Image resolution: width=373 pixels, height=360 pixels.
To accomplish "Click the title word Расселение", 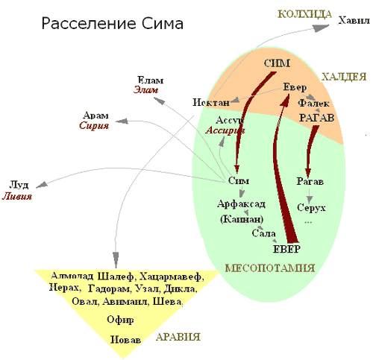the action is (89, 24).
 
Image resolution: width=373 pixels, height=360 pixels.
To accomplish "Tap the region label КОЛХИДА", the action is (304, 14).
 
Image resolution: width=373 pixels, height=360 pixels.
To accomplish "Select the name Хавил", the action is (354, 20).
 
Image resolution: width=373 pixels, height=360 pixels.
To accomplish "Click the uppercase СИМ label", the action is (277, 63).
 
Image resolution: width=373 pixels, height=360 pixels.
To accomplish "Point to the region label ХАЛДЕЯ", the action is (344, 77).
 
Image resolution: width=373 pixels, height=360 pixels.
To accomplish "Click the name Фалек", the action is (313, 103).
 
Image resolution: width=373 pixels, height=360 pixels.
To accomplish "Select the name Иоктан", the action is (211, 102).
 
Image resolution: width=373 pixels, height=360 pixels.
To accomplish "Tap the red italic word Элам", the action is (145, 89).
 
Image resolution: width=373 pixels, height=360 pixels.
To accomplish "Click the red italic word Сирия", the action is (94, 125).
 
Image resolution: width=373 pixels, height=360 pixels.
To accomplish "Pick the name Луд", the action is (19, 185).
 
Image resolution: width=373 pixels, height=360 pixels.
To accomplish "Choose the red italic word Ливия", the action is (17, 196).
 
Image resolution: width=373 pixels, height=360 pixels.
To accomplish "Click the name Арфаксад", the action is (241, 204).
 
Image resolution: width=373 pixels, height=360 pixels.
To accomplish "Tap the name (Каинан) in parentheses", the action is (242, 219).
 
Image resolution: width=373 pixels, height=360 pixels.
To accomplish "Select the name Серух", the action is (311, 207).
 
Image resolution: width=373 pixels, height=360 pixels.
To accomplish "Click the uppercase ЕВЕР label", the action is (286, 249).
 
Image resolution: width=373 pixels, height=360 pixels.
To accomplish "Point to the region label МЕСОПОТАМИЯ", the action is (270, 268).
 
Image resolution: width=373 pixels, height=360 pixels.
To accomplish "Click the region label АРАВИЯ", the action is (178, 337).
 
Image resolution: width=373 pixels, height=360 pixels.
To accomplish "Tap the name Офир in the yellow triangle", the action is (120, 320).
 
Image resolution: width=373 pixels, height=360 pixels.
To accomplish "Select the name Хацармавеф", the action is (172, 277).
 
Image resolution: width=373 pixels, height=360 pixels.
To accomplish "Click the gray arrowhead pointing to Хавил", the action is (320, 28).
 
